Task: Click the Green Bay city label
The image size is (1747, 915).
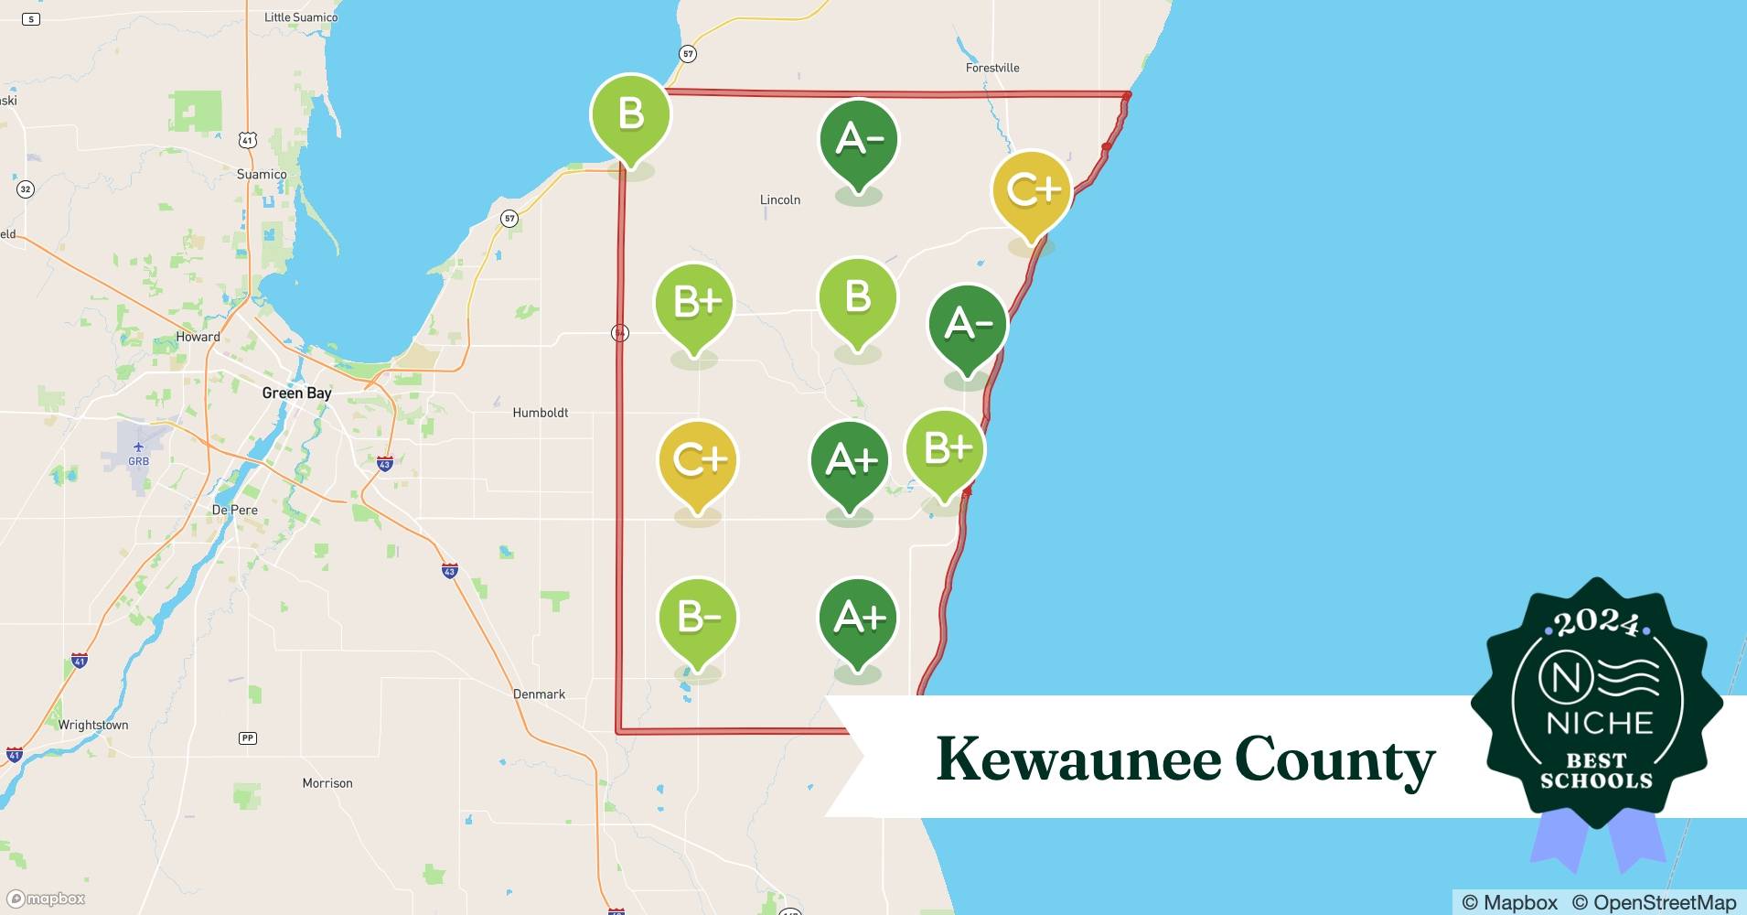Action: click(x=296, y=393)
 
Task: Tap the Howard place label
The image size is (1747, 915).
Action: click(x=198, y=337)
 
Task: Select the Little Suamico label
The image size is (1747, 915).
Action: click(x=300, y=17)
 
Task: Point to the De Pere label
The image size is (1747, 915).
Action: click(x=235, y=510)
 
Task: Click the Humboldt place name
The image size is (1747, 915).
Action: click(x=540, y=413)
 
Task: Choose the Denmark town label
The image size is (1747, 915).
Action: click(x=539, y=694)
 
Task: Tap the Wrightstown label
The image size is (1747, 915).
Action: click(x=93, y=725)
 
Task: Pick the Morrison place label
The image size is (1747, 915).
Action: click(x=327, y=783)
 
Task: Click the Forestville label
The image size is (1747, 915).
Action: click(x=992, y=68)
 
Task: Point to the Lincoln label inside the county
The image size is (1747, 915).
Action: click(x=780, y=199)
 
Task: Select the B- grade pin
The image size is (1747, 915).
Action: click(x=698, y=619)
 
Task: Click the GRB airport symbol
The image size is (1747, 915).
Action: click(x=138, y=447)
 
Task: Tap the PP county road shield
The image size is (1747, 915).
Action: click(x=247, y=737)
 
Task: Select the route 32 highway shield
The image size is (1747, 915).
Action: click(x=26, y=189)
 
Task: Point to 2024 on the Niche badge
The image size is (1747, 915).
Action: click(x=1596, y=622)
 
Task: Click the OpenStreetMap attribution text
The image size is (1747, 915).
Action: click(x=1654, y=902)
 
